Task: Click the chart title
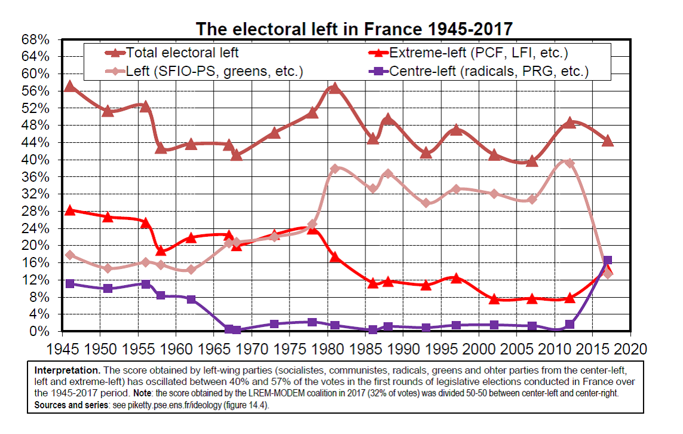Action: click(x=354, y=28)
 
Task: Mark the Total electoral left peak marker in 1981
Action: click(x=334, y=88)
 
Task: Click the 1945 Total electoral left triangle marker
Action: click(x=70, y=86)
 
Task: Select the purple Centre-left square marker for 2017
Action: click(x=607, y=260)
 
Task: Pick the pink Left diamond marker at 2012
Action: click(x=570, y=163)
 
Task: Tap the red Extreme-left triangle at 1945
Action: click(x=70, y=210)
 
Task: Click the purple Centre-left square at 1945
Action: click(x=70, y=283)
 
